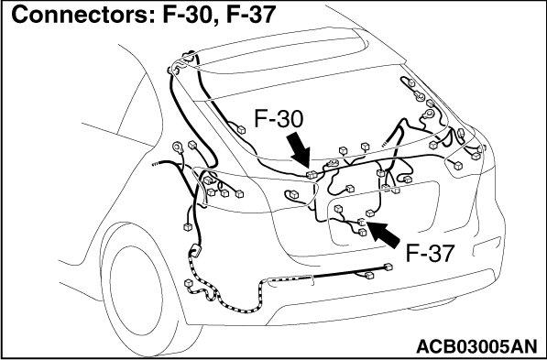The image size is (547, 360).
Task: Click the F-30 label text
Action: (279, 118)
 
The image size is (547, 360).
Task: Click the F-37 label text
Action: (430, 253)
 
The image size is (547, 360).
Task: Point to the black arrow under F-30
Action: (299, 150)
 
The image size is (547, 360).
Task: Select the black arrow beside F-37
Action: (383, 235)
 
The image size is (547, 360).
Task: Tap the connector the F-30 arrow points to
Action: (312, 174)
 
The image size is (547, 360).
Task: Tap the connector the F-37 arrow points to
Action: (361, 222)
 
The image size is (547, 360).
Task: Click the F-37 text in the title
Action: (251, 15)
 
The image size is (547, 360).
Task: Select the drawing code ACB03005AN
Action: (476, 346)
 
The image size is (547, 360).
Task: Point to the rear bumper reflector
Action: (487, 245)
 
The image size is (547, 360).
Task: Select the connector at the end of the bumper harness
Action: (388, 267)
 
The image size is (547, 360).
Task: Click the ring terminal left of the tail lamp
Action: (178, 147)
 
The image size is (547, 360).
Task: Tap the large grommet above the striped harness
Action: (195, 251)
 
